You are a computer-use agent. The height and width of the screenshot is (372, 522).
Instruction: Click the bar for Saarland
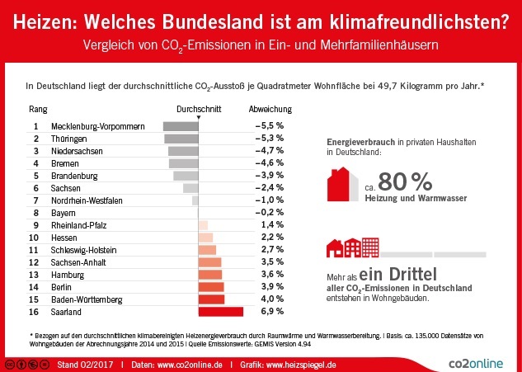[x=221, y=311]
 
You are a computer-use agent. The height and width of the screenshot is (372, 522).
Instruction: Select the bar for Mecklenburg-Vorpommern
[x=181, y=126]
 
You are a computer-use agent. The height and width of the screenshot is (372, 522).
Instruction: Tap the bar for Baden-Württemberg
[x=212, y=299]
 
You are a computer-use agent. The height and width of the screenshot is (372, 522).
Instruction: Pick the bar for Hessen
[x=205, y=237]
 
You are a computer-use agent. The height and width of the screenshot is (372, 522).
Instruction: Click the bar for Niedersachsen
[x=183, y=151]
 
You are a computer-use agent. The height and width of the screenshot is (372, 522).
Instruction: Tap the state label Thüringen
[x=69, y=139]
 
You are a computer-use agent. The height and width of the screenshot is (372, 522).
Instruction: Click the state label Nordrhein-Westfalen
[x=87, y=200]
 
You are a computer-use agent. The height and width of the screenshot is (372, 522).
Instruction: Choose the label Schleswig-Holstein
[x=83, y=249]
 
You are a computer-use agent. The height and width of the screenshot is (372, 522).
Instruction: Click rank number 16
[x=35, y=311]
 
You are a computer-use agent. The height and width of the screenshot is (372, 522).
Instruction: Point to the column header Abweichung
[x=269, y=109]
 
